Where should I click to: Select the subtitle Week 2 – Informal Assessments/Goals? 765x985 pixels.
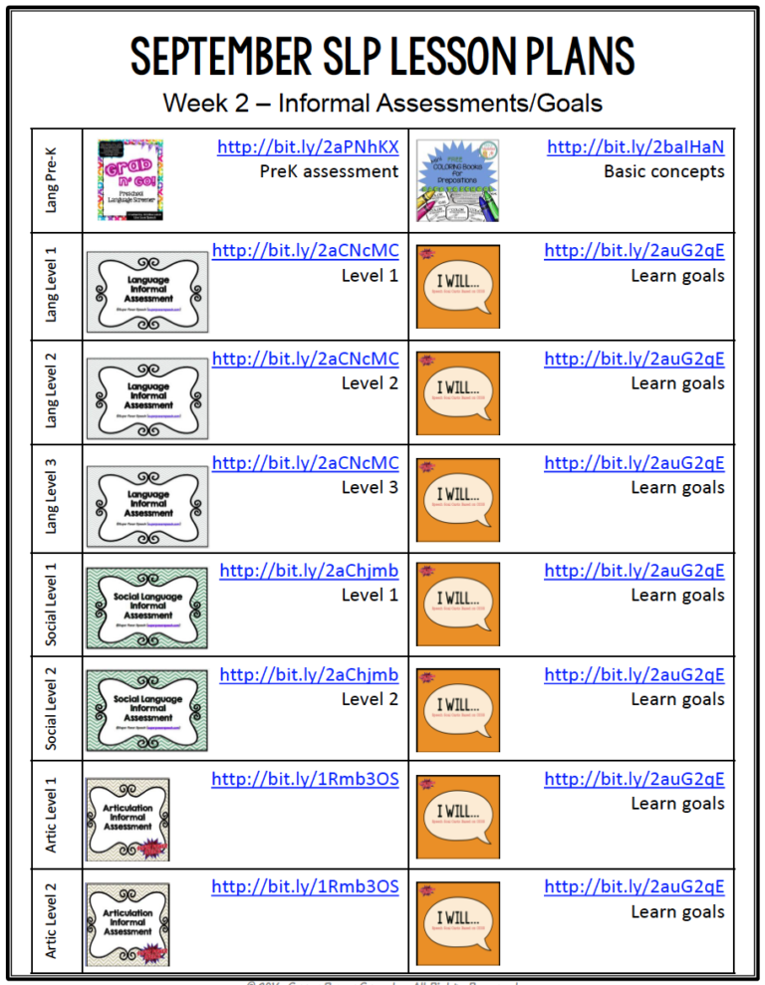click(x=382, y=103)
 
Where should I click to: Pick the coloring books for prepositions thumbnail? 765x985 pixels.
click(x=457, y=179)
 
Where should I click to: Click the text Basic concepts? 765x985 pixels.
click(x=663, y=171)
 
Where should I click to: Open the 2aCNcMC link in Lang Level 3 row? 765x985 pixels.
click(x=305, y=463)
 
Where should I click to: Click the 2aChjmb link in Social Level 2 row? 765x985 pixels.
click(x=309, y=675)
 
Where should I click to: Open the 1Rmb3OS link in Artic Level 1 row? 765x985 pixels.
click(x=305, y=780)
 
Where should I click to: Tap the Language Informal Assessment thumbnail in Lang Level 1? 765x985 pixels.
click(x=147, y=291)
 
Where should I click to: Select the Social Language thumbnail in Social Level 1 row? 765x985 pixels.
click(x=147, y=608)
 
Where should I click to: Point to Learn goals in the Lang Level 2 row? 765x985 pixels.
click(x=677, y=382)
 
